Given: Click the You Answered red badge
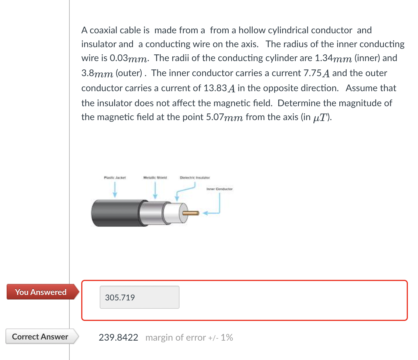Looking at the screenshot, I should (x=41, y=292).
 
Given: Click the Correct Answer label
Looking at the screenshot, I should (x=40, y=337).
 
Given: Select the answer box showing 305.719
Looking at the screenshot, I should (x=139, y=297).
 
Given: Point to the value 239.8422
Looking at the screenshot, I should (x=119, y=337).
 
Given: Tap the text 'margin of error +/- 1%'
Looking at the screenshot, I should (x=189, y=337).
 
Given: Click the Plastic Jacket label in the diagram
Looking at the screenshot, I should (x=115, y=177).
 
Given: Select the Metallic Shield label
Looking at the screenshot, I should (x=155, y=177).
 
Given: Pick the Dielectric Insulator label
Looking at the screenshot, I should (x=195, y=177).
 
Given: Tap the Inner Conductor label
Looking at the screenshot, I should (x=219, y=189).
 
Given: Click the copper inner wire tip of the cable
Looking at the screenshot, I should (x=191, y=213).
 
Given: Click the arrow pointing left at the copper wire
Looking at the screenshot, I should (x=210, y=213).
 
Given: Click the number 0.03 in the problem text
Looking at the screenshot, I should (x=119, y=58).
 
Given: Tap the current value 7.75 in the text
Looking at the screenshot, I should (x=312, y=73).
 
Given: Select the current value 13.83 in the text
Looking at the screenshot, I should (x=215, y=88).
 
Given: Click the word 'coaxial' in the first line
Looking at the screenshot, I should (x=104, y=30).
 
